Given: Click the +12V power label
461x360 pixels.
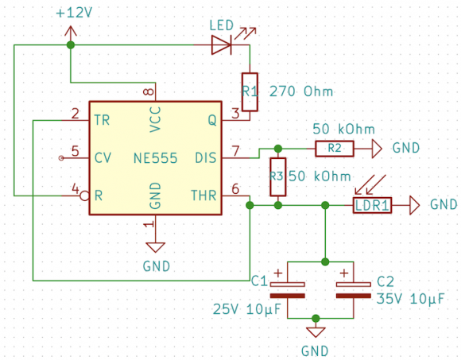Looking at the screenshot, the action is (x=74, y=13).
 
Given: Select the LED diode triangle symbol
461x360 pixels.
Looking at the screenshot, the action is (x=221, y=45).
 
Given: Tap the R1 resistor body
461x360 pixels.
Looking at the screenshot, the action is (x=250, y=92).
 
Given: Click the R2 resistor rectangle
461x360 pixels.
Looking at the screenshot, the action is (x=335, y=149).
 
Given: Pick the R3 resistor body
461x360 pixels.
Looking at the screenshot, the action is (x=278, y=177).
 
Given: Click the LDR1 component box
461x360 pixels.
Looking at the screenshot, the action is (x=372, y=205).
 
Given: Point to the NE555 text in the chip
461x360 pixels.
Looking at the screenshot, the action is (x=155, y=158).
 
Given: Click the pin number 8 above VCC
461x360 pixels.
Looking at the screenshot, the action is (x=149, y=91).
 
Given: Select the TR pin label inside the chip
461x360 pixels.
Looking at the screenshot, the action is (x=102, y=120).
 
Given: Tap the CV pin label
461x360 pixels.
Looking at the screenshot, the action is (x=103, y=158).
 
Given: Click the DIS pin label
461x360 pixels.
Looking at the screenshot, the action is (x=206, y=158).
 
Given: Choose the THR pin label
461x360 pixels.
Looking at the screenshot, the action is (x=203, y=195).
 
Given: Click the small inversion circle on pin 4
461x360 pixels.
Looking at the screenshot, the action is (x=85, y=195).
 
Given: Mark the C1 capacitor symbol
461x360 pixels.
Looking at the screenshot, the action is (x=287, y=290).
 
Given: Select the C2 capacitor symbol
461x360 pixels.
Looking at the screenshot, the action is (x=354, y=290).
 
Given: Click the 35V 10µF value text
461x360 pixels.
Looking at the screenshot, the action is (x=410, y=299).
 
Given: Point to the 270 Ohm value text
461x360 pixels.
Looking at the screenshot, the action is (x=301, y=91).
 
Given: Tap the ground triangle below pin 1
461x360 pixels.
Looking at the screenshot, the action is (x=156, y=247).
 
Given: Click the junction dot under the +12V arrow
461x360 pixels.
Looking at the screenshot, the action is (x=71, y=45).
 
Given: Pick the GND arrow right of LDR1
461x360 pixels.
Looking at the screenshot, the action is (x=415, y=205).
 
